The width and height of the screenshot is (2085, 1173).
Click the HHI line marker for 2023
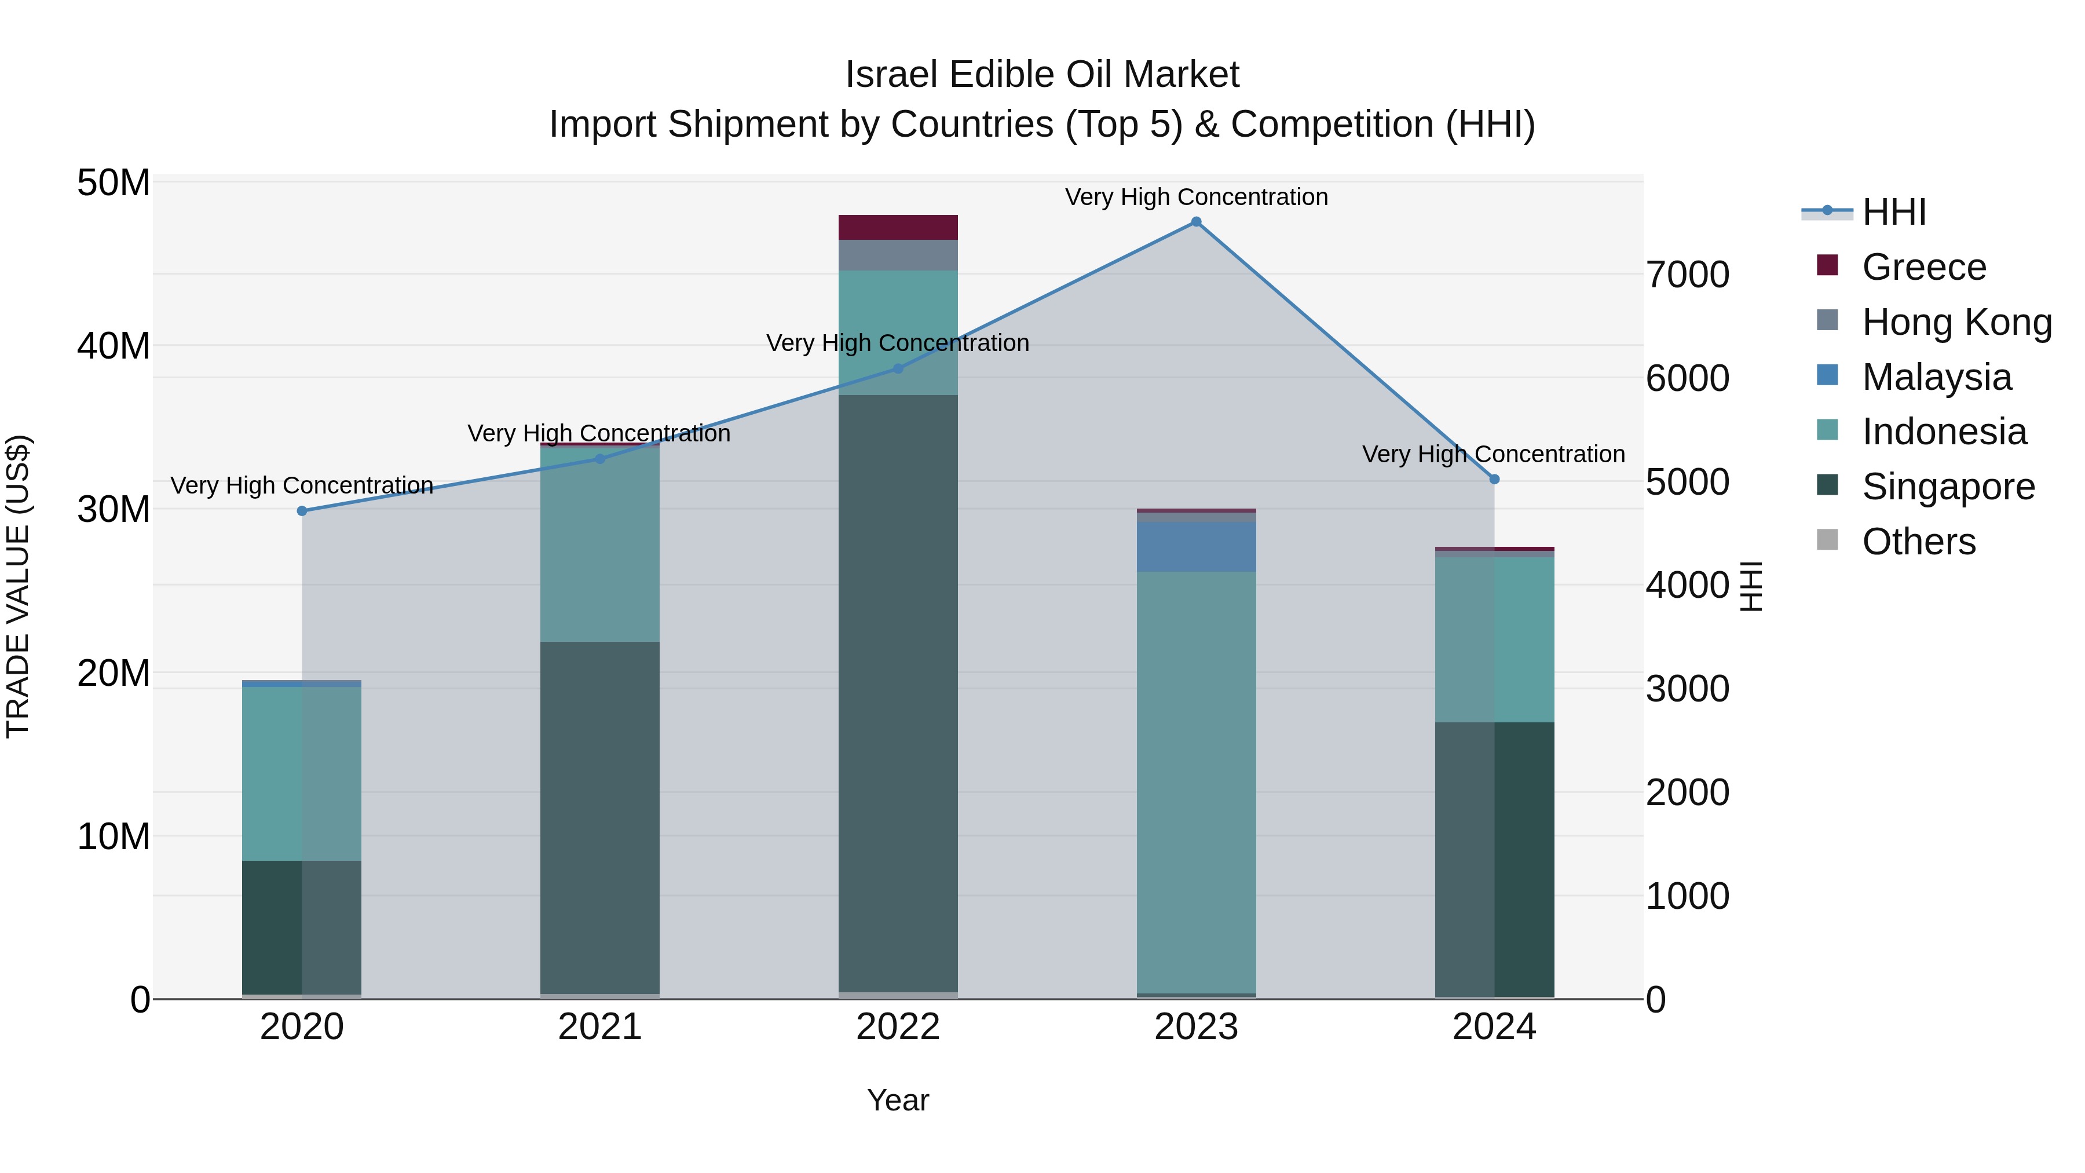pyautogui.click(x=1195, y=222)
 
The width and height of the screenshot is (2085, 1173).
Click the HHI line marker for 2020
pyautogui.click(x=302, y=511)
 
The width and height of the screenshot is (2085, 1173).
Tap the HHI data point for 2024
pyautogui.click(x=1494, y=479)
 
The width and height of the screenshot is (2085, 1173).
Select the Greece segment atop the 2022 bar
pyautogui.click(x=898, y=228)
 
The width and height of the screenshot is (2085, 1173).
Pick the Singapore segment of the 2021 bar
pyautogui.click(x=600, y=817)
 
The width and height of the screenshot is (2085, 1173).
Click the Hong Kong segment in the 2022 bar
pyautogui.click(x=898, y=255)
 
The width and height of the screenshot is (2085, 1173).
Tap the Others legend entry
pyautogui.click(x=1918, y=542)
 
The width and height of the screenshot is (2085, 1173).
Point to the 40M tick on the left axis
pyautogui.click(x=114, y=346)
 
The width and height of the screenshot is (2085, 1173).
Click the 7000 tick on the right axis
pyautogui.click(x=1688, y=275)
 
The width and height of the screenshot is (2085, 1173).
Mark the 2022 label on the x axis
pyautogui.click(x=898, y=1027)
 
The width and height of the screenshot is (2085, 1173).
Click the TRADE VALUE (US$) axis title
pyautogui.click(x=18, y=586)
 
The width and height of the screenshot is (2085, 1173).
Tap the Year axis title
pyautogui.click(x=898, y=1100)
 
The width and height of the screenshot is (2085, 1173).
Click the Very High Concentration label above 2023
pyautogui.click(x=1195, y=197)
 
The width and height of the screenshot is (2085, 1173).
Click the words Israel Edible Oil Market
pyautogui.click(x=1042, y=75)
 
